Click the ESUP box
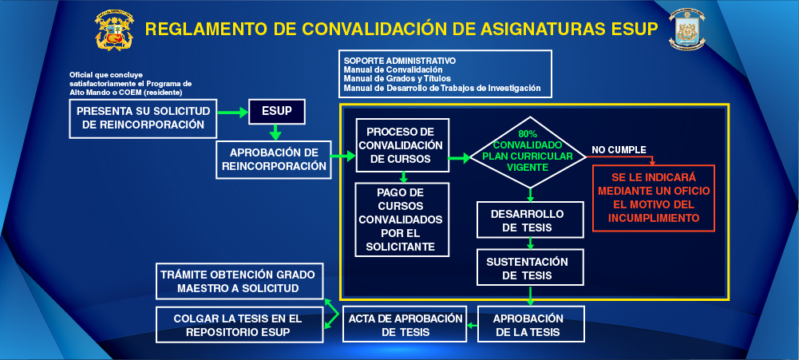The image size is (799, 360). pyautogui.click(x=276, y=112)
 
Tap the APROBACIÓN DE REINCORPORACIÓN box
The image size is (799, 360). pyautogui.click(x=273, y=160)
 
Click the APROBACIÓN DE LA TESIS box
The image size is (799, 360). pyautogui.click(x=530, y=324)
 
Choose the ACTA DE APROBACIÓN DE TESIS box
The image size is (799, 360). pyautogui.click(x=405, y=324)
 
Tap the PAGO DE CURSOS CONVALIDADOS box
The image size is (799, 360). pyautogui.click(x=403, y=219)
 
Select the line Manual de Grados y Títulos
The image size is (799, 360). pyautogui.click(x=397, y=78)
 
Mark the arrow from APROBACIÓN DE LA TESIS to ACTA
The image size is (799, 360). pyautogui.click(x=471, y=325)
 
